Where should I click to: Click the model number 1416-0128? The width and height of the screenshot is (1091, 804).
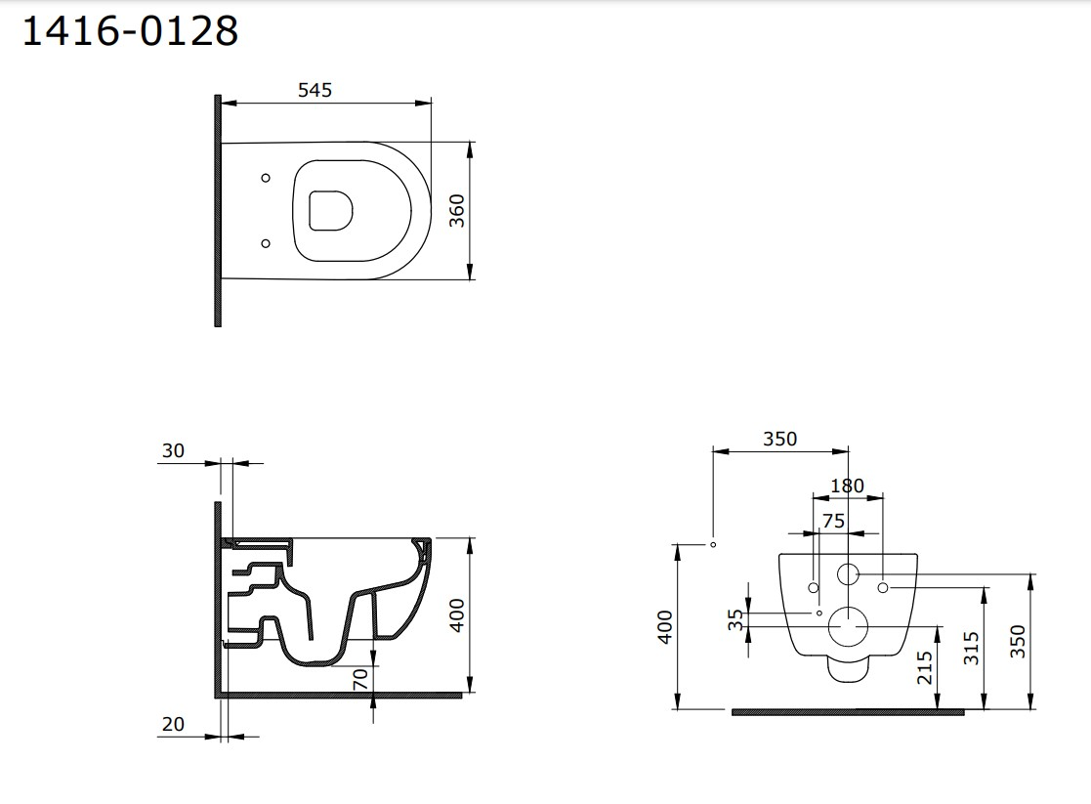pos(131,31)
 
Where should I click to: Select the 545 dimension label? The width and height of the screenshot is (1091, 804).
pos(315,90)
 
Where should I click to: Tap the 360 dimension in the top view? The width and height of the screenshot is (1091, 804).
pos(456,211)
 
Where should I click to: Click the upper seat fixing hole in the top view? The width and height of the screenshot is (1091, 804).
pos(265,178)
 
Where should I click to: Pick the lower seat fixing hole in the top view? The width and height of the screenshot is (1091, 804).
pos(265,243)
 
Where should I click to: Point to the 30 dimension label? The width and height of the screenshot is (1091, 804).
pos(173,450)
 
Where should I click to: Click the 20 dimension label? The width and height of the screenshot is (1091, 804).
pos(173,724)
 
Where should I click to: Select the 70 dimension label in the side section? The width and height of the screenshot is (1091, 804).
pos(359,679)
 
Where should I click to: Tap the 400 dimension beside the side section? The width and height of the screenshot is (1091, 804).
pos(456,615)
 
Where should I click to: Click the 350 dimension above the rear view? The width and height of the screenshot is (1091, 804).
pos(779,439)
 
